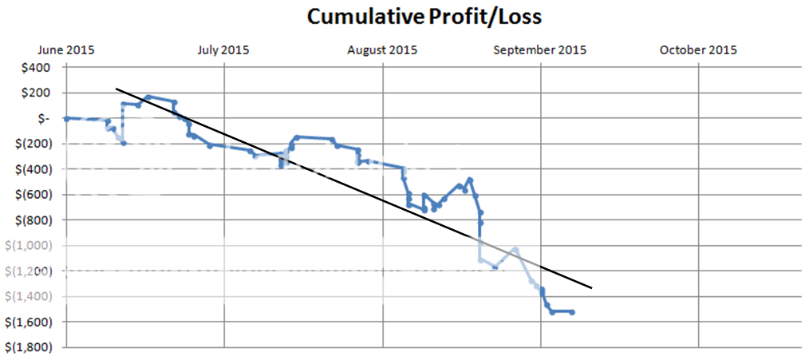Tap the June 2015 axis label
click(67, 49)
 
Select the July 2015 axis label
click(223, 49)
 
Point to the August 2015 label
click(382, 49)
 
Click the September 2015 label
click(540, 49)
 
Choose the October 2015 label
click(698, 49)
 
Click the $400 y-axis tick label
click(37, 67)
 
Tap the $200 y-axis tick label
click(37, 93)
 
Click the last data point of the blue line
click(573, 312)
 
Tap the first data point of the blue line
click(66, 118)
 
